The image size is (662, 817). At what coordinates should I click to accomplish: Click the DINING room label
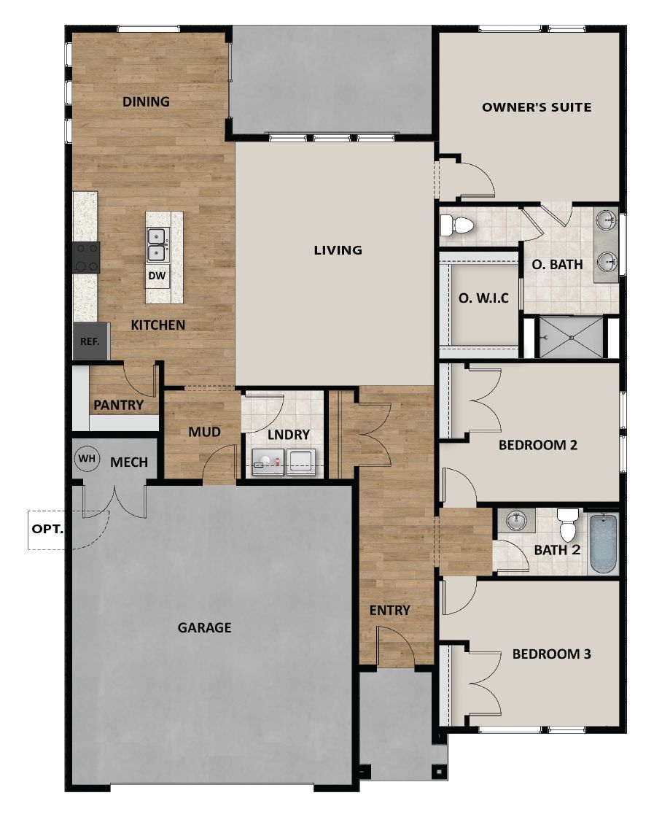click(x=146, y=101)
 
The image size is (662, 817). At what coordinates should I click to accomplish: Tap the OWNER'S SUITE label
click(x=537, y=107)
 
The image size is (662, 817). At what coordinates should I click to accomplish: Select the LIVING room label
click(x=338, y=250)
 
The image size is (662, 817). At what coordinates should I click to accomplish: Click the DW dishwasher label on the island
click(x=157, y=276)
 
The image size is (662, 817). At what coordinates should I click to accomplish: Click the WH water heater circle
click(x=87, y=459)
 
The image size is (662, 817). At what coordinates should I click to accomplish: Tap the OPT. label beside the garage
click(x=47, y=529)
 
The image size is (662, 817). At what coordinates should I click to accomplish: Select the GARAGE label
click(x=204, y=627)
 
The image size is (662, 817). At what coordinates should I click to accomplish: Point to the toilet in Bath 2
click(x=567, y=525)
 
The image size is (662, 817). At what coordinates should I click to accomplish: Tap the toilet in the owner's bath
click(x=457, y=225)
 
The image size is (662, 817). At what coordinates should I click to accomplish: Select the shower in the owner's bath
click(x=570, y=337)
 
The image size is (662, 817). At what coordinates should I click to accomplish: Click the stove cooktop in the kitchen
click(x=87, y=258)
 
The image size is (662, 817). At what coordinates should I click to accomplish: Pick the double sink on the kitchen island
click(x=157, y=245)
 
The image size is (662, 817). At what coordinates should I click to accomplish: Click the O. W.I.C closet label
click(x=483, y=298)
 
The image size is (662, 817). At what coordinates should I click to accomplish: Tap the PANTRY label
click(x=118, y=405)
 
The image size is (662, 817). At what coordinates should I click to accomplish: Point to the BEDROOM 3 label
click(x=552, y=654)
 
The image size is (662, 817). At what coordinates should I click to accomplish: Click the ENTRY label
click(x=389, y=610)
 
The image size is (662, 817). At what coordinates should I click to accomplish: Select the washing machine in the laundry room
click(x=268, y=462)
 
